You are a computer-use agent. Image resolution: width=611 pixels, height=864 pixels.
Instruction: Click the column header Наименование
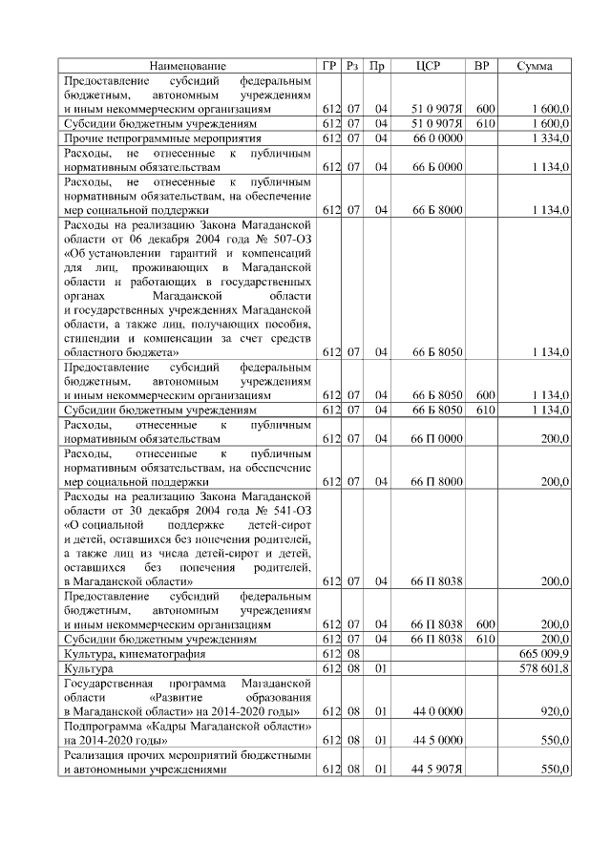tap(188, 66)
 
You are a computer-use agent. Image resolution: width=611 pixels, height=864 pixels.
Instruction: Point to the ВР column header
tap(482, 66)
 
